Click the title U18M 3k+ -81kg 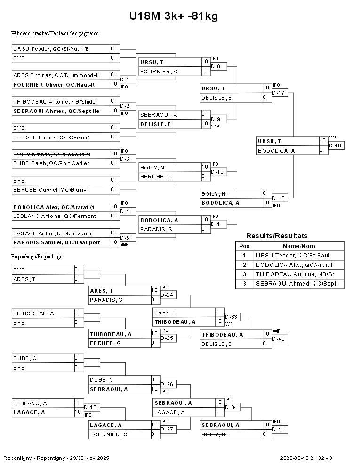point(174,16)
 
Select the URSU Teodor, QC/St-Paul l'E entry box point(61,49)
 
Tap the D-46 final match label point(337,146)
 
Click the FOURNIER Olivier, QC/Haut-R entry point(61,84)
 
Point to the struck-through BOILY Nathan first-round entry point(61,154)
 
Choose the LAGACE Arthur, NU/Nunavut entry point(61,233)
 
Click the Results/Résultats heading point(277,236)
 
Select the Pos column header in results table point(244,246)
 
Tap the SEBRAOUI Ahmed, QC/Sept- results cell point(299,284)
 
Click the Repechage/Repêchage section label point(37,257)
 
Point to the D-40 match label point(280,339)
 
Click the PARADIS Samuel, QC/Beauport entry point(61,242)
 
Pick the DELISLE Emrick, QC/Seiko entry point(61,137)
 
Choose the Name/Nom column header point(299,246)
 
